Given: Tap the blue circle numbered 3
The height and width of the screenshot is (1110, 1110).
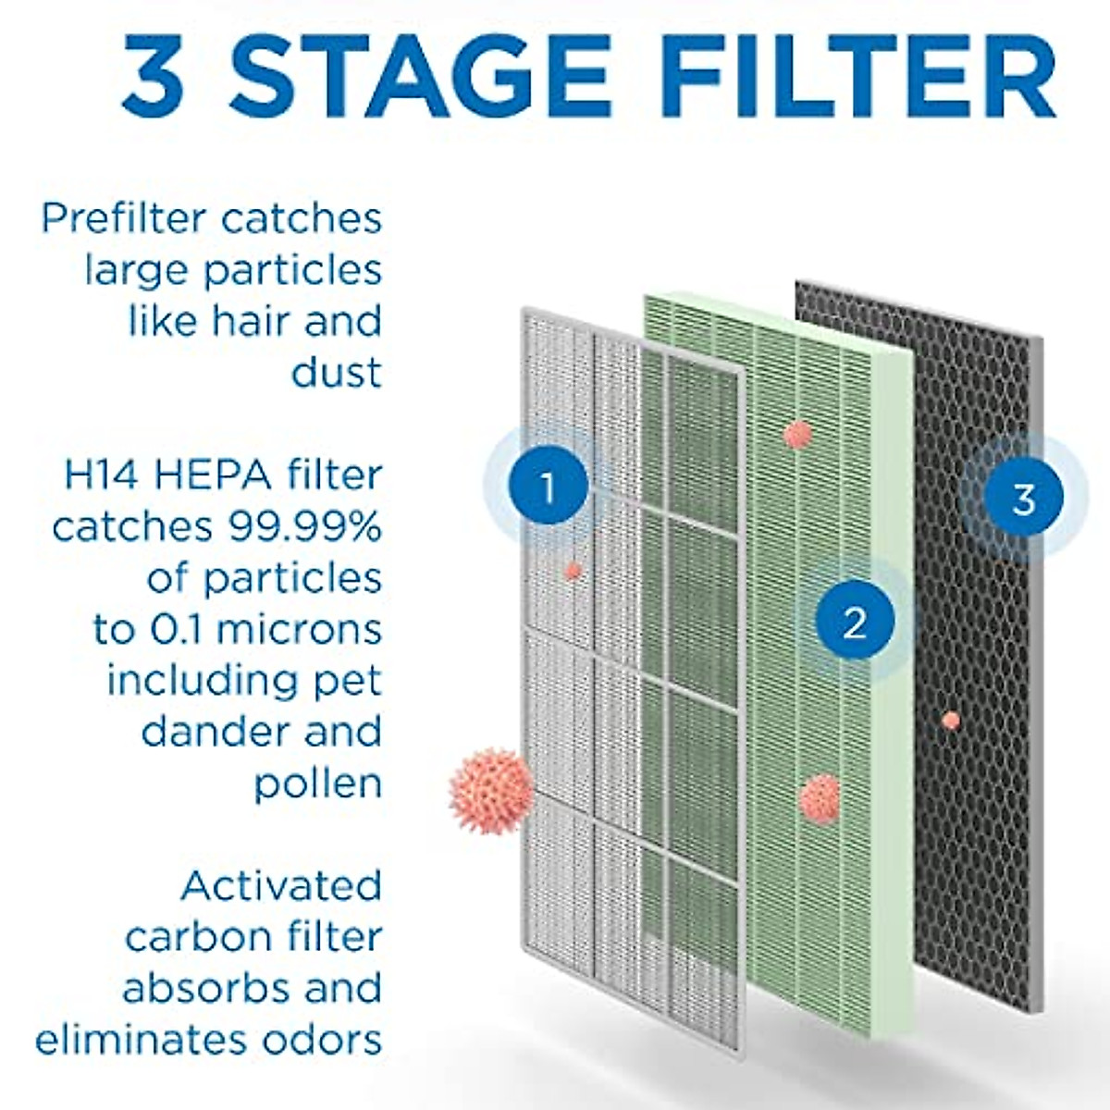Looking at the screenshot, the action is [1023, 499].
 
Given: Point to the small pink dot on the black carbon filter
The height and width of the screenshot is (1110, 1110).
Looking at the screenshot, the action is [950, 720].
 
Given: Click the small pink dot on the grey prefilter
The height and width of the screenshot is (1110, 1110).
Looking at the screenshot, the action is [573, 571].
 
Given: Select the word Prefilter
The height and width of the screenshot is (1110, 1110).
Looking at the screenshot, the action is [123, 219].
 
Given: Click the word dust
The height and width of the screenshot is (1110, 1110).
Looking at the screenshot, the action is [336, 373].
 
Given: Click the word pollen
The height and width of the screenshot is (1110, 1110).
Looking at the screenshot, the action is [317, 784].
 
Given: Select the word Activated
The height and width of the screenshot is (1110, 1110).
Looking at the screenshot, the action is [281, 886].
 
